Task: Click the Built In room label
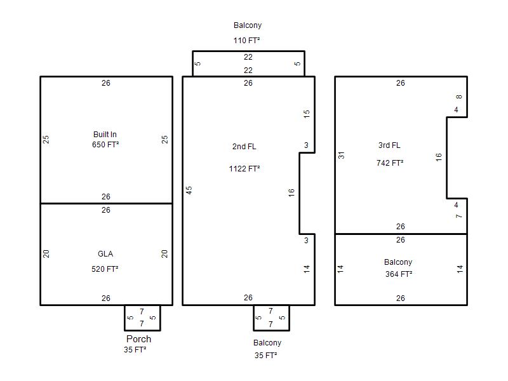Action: [105, 135]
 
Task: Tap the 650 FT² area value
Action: [105, 145]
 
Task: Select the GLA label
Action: [105, 254]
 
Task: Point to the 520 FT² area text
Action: [105, 269]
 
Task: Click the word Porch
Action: [138, 339]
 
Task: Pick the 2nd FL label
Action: [244, 147]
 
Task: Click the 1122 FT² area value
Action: [244, 168]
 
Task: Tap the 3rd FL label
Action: [389, 145]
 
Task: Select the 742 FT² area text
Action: [390, 163]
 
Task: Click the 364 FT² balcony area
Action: [399, 274]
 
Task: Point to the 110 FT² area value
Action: [246, 41]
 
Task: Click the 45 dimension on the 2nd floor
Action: [189, 190]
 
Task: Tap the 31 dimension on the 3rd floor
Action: [341, 155]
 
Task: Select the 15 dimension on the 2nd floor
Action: [307, 114]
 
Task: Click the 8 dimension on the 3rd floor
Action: [458, 97]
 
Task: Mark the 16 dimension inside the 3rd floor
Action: [438, 157]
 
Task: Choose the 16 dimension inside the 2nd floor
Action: [291, 193]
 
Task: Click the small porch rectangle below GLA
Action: [142, 330]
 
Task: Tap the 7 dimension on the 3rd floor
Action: [458, 216]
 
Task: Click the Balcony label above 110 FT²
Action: [248, 25]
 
